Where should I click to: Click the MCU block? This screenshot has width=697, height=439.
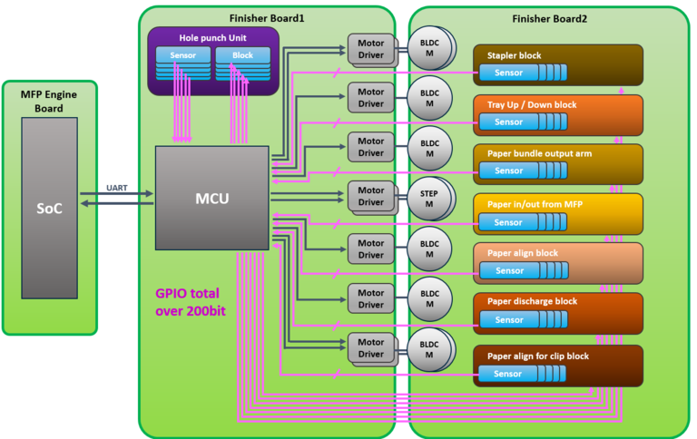pos(212,198)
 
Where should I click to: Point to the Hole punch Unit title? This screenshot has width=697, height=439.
pos(213,37)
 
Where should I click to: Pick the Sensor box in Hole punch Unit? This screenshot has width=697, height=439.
pos(182,55)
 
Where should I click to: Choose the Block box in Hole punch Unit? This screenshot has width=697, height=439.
pos(242,55)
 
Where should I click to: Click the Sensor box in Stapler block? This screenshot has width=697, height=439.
pos(508,73)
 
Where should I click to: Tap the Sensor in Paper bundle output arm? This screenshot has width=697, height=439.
pos(508,171)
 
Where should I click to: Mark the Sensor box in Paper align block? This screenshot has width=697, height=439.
pos(508,270)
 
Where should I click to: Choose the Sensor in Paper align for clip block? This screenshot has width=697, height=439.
pos(508,374)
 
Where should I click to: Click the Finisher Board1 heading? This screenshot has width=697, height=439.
pos(267,18)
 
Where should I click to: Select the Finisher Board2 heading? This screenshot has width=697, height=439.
pos(549,18)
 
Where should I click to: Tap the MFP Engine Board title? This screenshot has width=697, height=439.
pos(49,101)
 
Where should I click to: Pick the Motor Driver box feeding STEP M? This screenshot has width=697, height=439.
pos(369,197)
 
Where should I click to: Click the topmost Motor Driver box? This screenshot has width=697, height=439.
pos(369,48)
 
